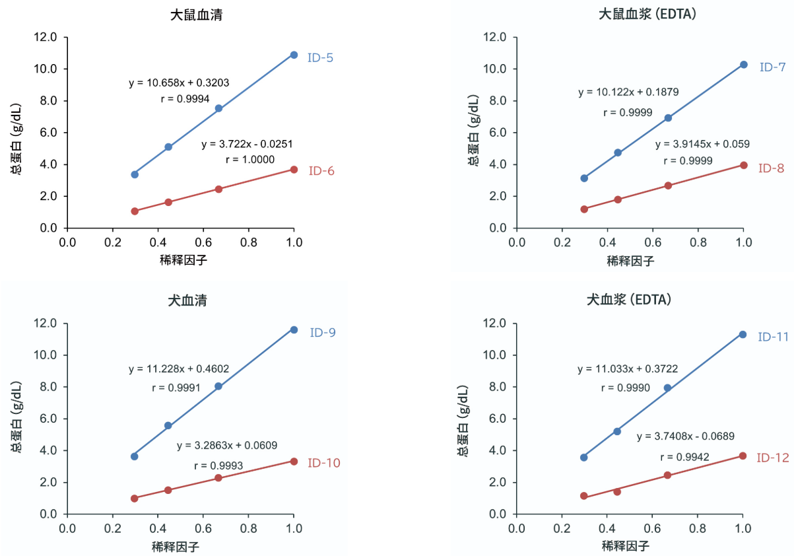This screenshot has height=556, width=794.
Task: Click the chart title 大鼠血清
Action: pyautogui.click(x=196, y=15)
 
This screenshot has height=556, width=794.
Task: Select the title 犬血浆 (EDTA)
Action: pyautogui.click(x=629, y=300)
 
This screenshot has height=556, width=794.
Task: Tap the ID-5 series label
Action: pyautogui.click(x=320, y=57)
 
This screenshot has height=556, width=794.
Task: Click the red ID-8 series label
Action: pyautogui.click(x=770, y=168)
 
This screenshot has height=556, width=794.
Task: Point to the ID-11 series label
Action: pyautogui.click(x=773, y=337)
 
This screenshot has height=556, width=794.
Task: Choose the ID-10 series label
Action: pyautogui.click(x=323, y=463)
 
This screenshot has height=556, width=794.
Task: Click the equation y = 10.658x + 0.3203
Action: pyautogui.click(x=179, y=83)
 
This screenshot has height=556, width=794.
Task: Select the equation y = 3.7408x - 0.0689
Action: pyautogui.click(x=686, y=436)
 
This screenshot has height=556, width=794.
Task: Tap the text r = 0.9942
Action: pyautogui.click(x=684, y=457)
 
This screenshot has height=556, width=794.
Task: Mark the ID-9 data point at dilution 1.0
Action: pyautogui.click(x=294, y=330)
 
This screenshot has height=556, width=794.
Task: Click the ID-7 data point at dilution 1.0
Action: pyautogui.click(x=743, y=65)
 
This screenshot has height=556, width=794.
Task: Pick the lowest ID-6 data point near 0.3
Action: pyautogui.click(x=135, y=211)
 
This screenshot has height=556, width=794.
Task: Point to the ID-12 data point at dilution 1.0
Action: pyautogui.click(x=743, y=456)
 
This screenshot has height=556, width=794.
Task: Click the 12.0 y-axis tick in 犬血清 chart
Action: pyautogui.click(x=47, y=324)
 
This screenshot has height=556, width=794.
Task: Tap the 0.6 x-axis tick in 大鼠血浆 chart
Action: pyautogui.click(x=653, y=242)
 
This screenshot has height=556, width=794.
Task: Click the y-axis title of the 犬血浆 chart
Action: pyautogui.click(x=463, y=419)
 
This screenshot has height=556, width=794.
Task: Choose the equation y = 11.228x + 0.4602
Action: pyautogui.click(x=179, y=369)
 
